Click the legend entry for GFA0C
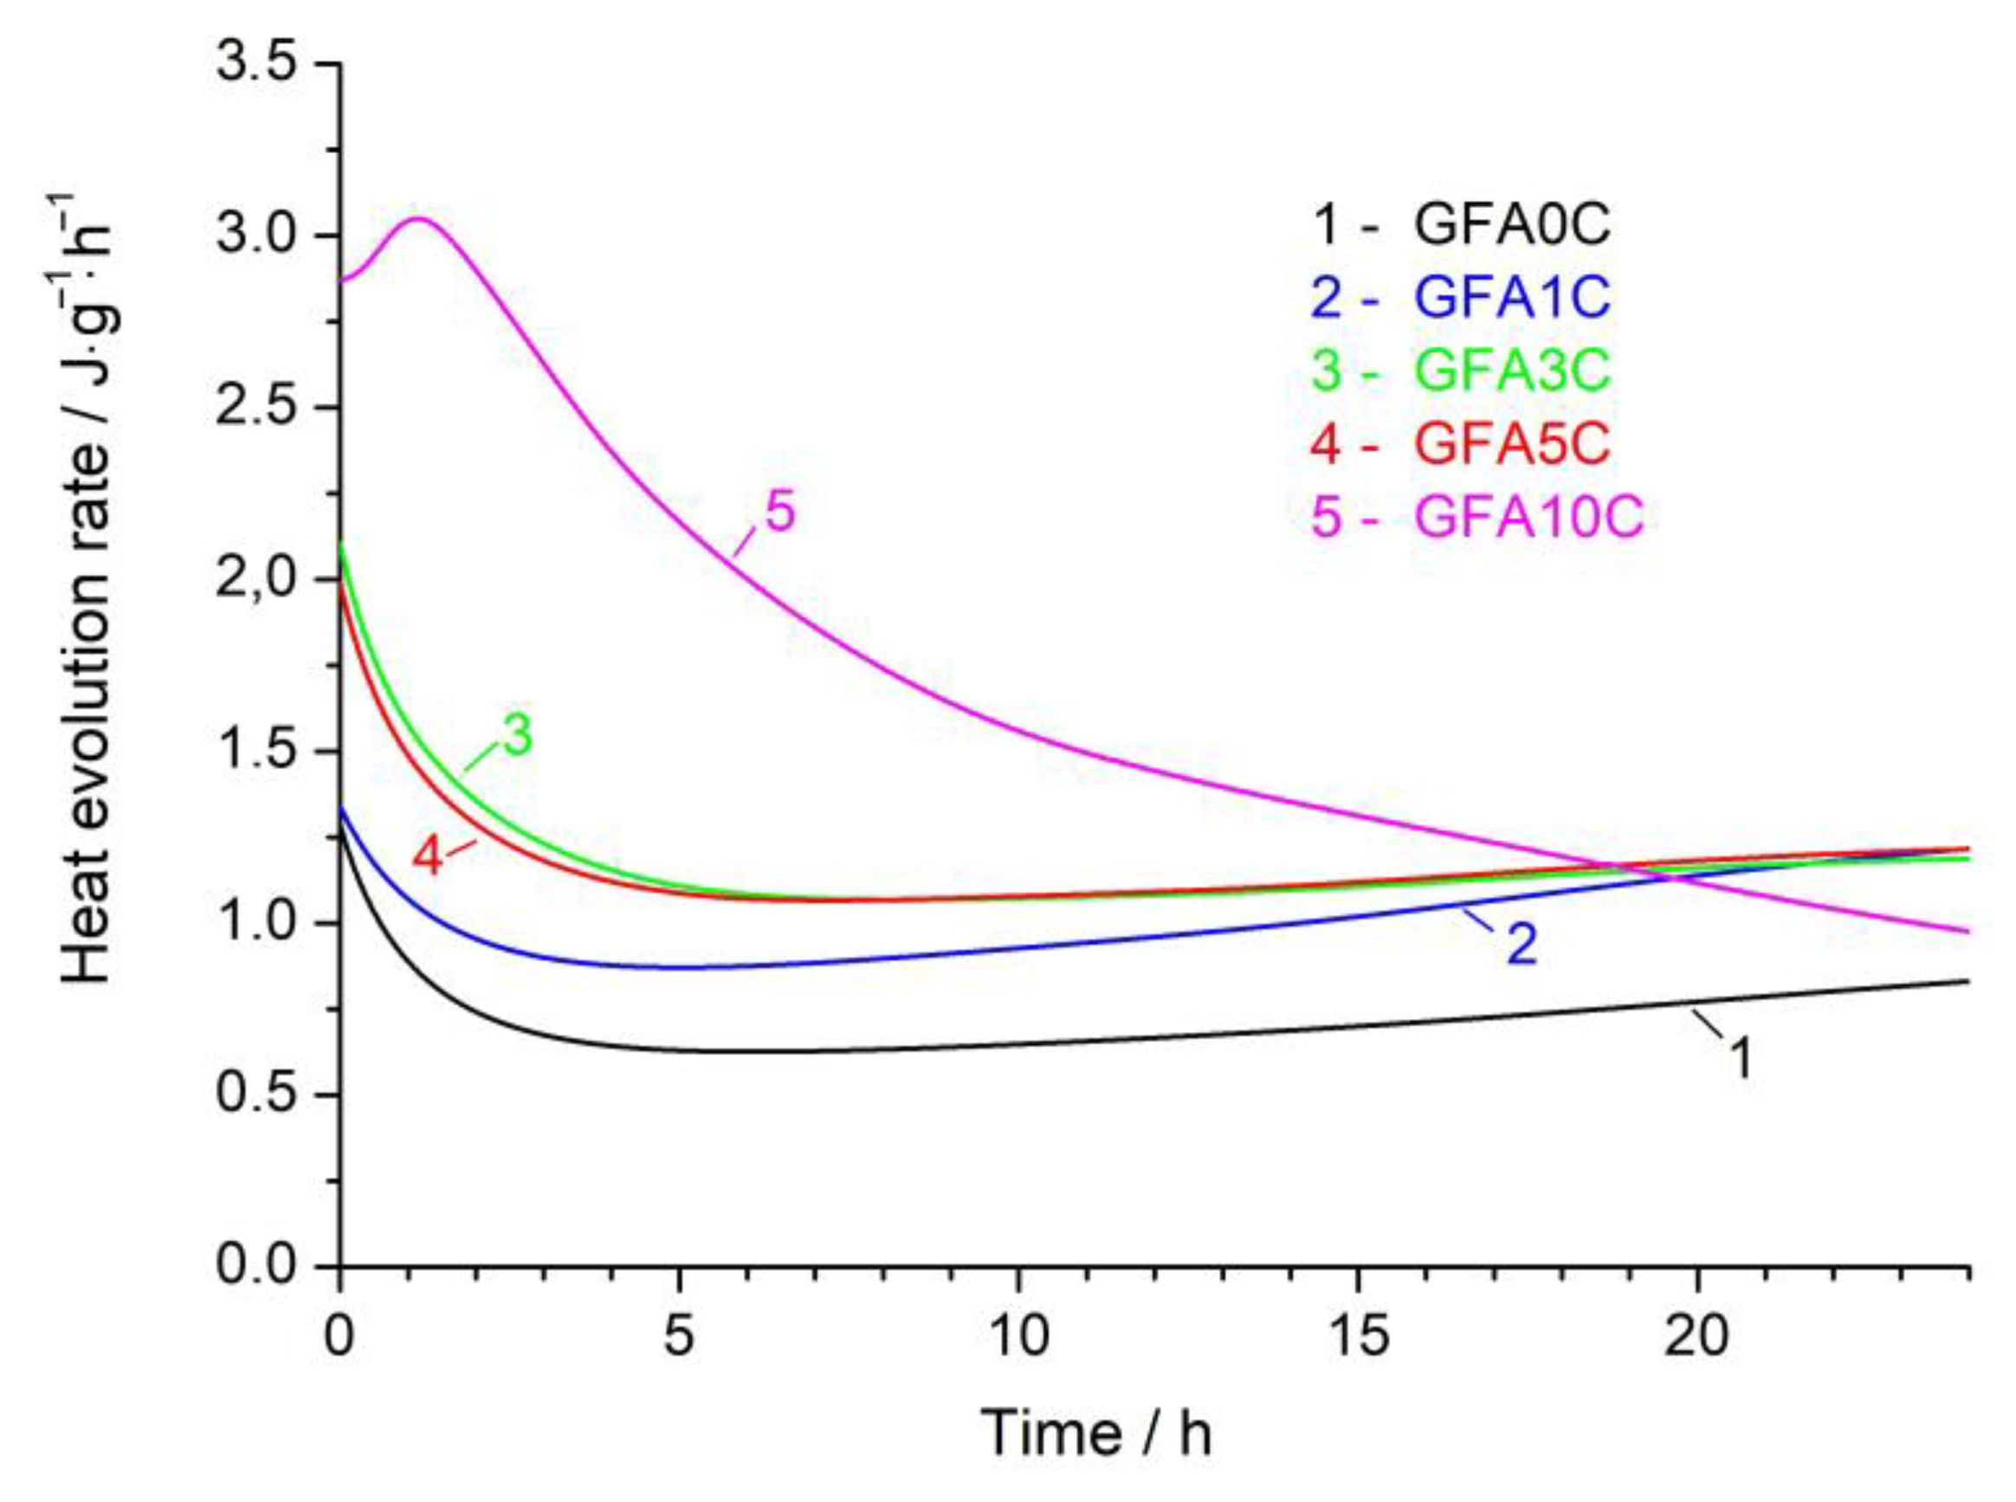1460,224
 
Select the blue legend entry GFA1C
1460,298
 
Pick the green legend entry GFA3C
1460,371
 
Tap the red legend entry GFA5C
1460,445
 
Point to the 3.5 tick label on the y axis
257,66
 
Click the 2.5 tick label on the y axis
257,409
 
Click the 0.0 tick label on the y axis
257,1267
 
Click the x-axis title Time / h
1096,1434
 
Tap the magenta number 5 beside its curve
780,512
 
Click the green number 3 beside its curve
519,738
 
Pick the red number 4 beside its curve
428,856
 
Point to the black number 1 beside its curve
1739,1060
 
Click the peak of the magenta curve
418,218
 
